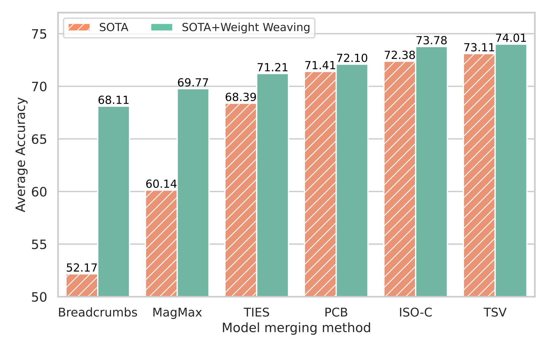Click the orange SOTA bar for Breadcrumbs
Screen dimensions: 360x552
tap(82, 285)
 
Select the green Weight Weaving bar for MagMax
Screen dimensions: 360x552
tap(193, 192)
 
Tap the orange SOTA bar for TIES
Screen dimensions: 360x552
tap(241, 200)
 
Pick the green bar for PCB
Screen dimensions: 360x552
tap(352, 180)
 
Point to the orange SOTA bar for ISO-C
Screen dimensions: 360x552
tap(400, 179)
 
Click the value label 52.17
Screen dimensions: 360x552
tap(82, 268)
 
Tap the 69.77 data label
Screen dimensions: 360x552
tap(193, 83)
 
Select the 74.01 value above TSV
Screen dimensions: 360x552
tap(511, 38)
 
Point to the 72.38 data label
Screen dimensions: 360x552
tap(400, 55)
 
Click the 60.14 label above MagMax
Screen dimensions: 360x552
tap(161, 184)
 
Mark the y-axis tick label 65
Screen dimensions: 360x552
tap(39, 139)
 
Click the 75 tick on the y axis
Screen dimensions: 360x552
tap(39, 34)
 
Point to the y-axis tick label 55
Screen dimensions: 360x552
tap(39, 245)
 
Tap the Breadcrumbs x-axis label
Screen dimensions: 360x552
tap(98, 312)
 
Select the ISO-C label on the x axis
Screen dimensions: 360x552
tap(416, 312)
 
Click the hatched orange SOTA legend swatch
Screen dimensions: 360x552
tap(79, 27)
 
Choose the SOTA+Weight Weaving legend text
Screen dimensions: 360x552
tap(246, 27)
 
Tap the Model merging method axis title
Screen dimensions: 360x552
tap(296, 328)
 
